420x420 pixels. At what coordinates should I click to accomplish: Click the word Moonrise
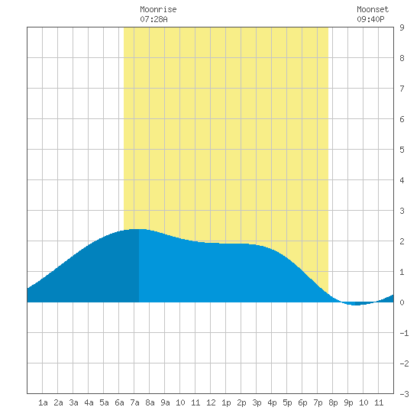(x=158, y=9)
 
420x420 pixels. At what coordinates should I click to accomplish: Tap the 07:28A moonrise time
(x=153, y=19)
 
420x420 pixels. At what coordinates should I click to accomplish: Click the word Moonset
(x=373, y=9)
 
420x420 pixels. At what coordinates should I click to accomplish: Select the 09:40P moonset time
(x=370, y=19)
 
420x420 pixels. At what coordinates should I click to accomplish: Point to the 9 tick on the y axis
(x=402, y=27)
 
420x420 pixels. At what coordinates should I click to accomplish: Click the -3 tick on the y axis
(x=404, y=394)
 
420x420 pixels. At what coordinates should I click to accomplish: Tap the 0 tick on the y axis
(x=402, y=302)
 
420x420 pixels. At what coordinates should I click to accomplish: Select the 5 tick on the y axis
(x=402, y=150)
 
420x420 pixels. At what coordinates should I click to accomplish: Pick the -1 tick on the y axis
(x=404, y=333)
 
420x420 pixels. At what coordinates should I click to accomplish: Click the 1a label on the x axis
(x=43, y=402)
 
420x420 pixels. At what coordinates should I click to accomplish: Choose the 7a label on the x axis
(x=134, y=402)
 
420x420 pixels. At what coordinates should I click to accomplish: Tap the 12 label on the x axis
(x=211, y=402)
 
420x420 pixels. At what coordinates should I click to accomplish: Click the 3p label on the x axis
(x=257, y=402)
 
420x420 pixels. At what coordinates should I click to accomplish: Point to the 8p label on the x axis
(x=333, y=402)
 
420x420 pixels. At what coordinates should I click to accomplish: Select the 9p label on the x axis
(x=348, y=402)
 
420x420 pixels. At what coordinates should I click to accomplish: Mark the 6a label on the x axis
(x=119, y=402)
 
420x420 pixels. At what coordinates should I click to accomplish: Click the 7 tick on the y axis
(x=402, y=89)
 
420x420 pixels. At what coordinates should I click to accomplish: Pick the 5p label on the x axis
(x=287, y=402)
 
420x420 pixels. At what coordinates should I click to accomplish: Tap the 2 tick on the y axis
(x=402, y=241)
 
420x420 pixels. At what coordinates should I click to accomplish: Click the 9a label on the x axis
(x=165, y=402)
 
